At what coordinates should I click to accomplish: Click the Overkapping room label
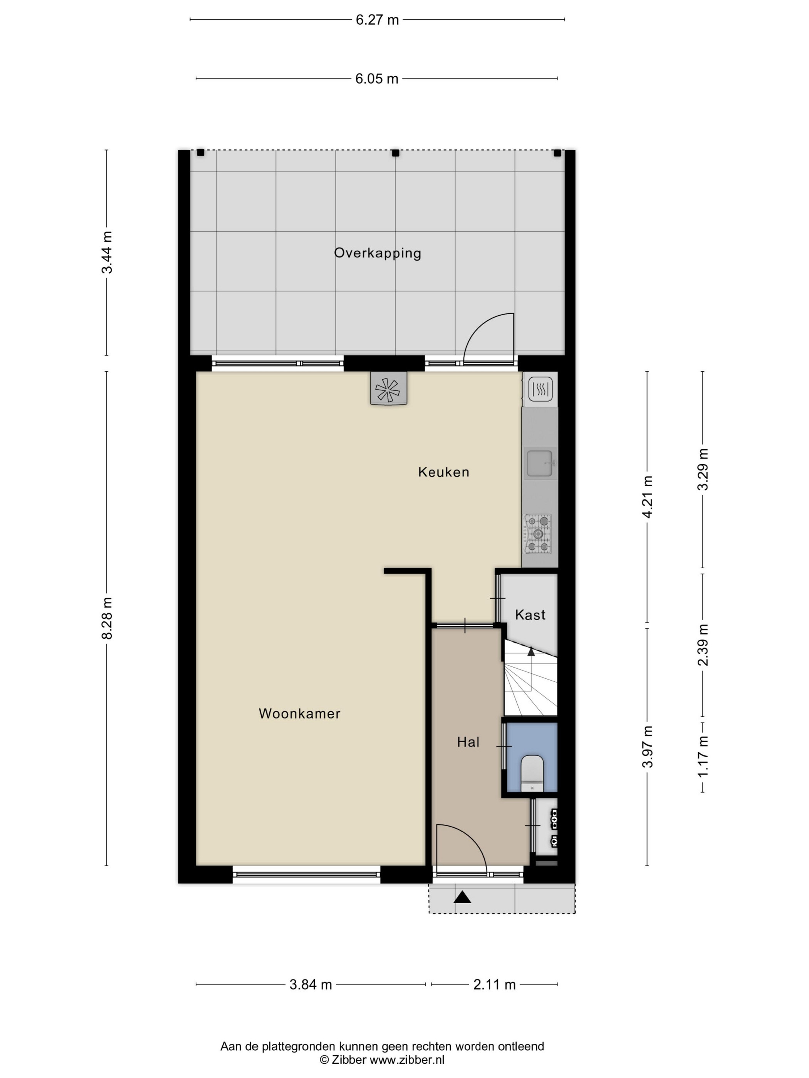[x=378, y=253]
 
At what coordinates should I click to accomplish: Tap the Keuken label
[x=444, y=472]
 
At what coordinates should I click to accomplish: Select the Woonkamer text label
[x=299, y=713]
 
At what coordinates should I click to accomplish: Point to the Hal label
[x=468, y=742]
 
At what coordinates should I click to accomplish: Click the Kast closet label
[x=530, y=614]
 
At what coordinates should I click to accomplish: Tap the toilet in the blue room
[x=532, y=773]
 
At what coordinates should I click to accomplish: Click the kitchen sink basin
[x=539, y=463]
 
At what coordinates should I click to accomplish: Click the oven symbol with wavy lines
[x=540, y=389]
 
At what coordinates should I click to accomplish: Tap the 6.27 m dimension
[x=377, y=20]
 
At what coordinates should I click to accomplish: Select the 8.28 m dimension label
[x=107, y=618]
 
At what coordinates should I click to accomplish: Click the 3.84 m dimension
[x=311, y=984]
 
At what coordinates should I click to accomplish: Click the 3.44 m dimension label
[x=107, y=253]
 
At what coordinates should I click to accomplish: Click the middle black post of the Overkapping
[x=396, y=153]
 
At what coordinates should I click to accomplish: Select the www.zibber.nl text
[x=407, y=1059]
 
